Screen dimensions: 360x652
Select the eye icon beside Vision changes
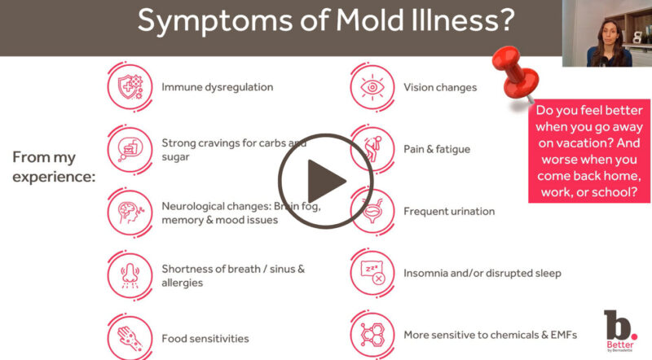372,86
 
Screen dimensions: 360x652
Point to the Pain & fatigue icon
372,148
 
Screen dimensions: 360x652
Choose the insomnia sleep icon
372,273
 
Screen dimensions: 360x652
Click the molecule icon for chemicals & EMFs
372,334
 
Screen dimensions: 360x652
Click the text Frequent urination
449,211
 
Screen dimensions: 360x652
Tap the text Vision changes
440,87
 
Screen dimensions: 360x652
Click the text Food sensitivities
205,338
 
